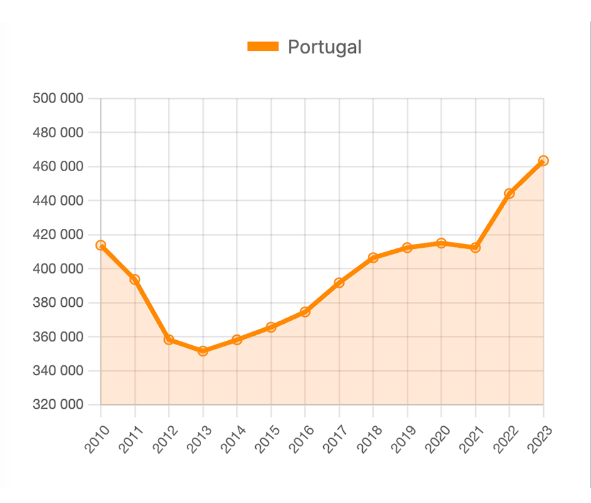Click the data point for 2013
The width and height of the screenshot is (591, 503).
202,351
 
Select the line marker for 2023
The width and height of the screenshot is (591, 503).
543,161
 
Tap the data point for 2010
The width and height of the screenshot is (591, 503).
101,245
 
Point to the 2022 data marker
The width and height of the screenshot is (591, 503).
509,194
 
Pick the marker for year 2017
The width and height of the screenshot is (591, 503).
339,283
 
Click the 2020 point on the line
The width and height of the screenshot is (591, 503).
441,243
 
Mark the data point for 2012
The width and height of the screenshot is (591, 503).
168,340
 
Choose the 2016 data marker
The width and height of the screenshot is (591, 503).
305,312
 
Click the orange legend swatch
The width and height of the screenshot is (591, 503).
263,47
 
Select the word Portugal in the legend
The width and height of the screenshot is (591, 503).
324,47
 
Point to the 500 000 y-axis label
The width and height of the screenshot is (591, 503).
57,99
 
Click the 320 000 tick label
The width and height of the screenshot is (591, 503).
57,405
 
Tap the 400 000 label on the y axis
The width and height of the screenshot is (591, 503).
57,268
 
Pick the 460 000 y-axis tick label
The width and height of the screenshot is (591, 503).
57,167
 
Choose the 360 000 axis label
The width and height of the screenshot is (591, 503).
57,337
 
